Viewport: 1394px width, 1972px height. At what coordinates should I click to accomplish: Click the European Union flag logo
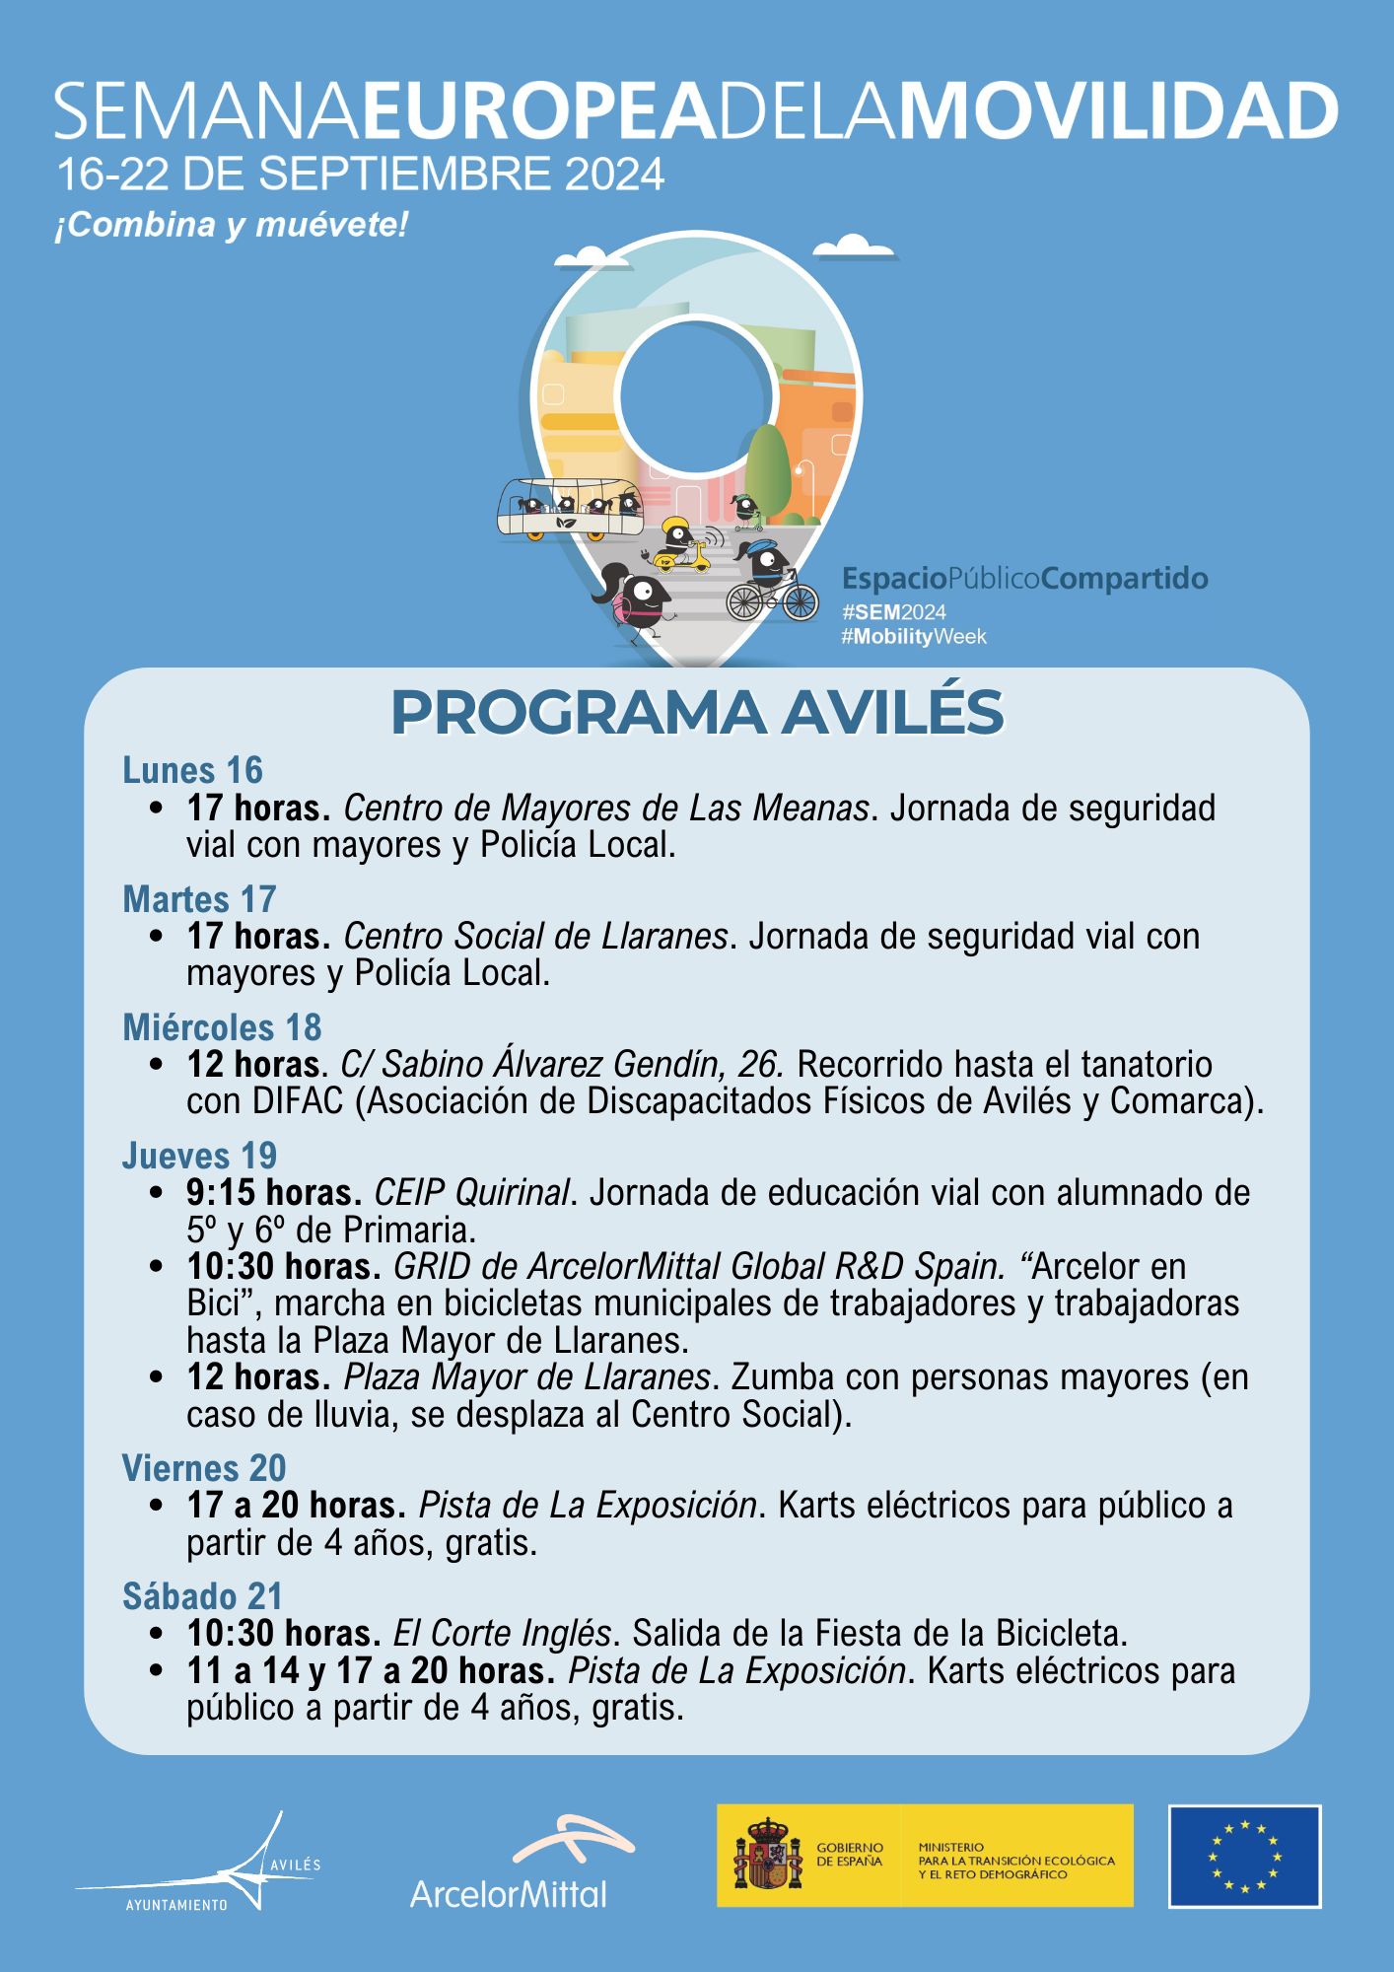(x=1244, y=1857)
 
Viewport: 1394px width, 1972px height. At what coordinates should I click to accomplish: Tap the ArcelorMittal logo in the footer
(x=509, y=1863)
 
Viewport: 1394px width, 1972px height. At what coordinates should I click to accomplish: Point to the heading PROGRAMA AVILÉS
(x=696, y=712)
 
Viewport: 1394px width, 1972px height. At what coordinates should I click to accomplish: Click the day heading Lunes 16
(x=192, y=770)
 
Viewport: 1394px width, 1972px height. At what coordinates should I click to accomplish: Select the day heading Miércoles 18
(x=222, y=1027)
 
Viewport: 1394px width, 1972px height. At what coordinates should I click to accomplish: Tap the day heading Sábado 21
(x=202, y=1596)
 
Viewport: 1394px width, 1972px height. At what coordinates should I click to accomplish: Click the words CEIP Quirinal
(x=471, y=1193)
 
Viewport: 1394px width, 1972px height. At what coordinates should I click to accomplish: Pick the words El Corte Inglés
(x=502, y=1634)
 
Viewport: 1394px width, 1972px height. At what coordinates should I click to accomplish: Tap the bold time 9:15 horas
(x=274, y=1193)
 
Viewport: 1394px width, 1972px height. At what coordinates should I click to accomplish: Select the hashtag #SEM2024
(x=893, y=612)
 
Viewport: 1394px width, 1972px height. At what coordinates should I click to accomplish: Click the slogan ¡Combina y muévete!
(x=231, y=226)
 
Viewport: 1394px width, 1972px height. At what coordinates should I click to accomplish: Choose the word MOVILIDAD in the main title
(x=1117, y=111)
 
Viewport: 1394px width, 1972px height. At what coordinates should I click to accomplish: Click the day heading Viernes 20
(x=204, y=1468)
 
